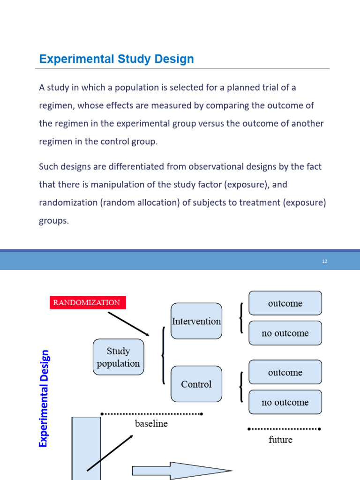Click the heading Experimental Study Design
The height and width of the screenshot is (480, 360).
tap(116, 60)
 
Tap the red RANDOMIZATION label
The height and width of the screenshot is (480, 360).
tap(87, 303)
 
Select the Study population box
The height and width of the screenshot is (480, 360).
tap(118, 357)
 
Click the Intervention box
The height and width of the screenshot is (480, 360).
tap(196, 321)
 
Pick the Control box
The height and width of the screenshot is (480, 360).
tap(196, 384)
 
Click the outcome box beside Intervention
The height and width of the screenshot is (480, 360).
tap(285, 303)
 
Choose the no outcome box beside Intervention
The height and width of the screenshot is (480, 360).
tap(285, 333)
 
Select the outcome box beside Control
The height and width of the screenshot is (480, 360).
tap(285, 373)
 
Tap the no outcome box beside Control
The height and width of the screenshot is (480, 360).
tap(285, 402)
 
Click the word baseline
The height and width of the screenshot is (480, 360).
tap(151, 424)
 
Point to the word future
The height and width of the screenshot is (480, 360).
tap(280, 440)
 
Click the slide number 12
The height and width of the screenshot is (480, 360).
tap(324, 262)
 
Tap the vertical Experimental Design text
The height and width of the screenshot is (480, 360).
tap(45, 398)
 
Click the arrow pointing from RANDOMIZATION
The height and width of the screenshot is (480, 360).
tap(128, 323)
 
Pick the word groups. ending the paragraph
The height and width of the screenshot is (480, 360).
tap(54, 220)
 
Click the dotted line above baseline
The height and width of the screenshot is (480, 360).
tap(151, 414)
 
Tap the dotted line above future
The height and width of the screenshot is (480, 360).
tap(284, 429)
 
